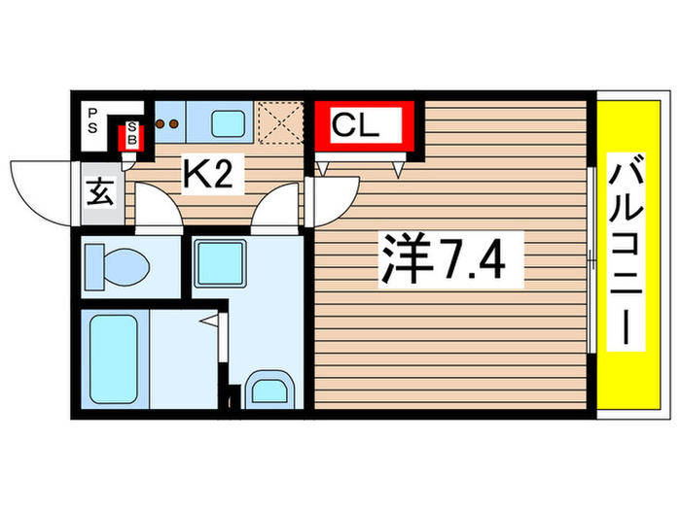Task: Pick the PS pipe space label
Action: click(x=93, y=123)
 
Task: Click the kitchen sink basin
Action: click(x=230, y=122)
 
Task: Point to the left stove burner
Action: click(x=161, y=123)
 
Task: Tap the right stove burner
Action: click(x=175, y=123)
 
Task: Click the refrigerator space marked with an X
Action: click(x=283, y=122)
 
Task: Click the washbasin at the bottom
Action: click(x=266, y=390)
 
